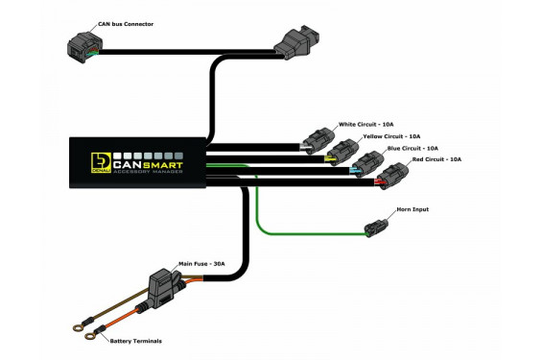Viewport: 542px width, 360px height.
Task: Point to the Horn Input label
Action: [413, 209]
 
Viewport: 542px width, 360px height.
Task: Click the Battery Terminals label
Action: [134, 341]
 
